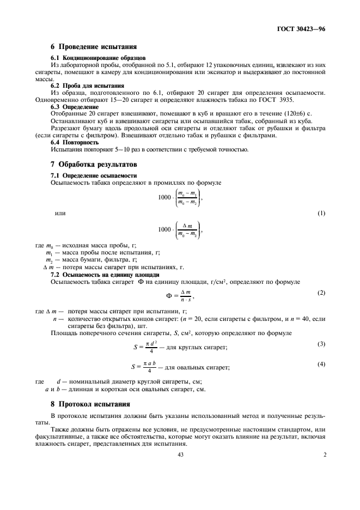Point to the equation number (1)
321,213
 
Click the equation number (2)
321,293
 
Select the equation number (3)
321,343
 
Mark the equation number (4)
321,363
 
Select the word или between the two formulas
61,213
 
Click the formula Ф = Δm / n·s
180,296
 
